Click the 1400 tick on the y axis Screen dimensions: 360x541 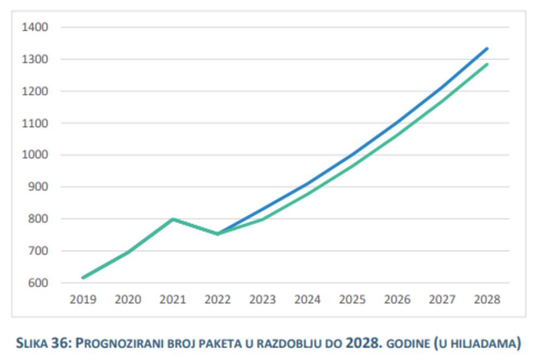click(35, 27)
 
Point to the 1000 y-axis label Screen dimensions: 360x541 click(35, 155)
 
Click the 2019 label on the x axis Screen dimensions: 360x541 click(83, 299)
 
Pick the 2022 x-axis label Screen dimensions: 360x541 click(218, 299)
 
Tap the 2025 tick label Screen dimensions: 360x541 click(353, 299)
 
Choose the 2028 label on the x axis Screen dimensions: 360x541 click(487, 299)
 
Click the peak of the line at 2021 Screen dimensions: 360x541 click(173, 219)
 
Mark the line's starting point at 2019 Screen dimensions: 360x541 click(83, 278)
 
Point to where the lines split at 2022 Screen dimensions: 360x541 click(218, 234)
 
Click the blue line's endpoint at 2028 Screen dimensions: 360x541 click(487, 49)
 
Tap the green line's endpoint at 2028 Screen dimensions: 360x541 click(487, 64)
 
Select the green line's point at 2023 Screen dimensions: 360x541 click(263, 219)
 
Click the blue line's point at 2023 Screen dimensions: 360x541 click(263, 209)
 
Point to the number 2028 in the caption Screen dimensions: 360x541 click(360, 343)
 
